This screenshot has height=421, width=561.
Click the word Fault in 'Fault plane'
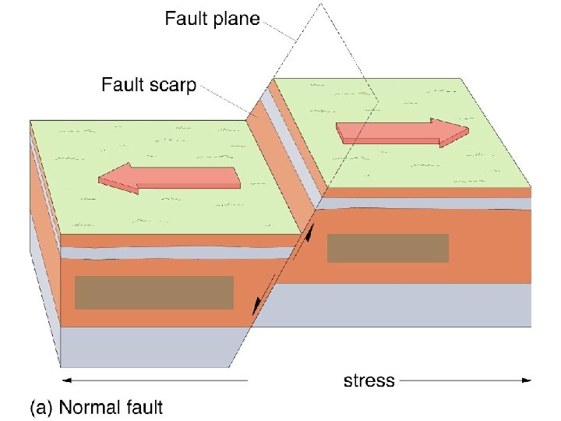point(185,19)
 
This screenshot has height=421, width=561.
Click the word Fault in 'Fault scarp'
point(121,84)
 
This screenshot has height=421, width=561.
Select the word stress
point(369,381)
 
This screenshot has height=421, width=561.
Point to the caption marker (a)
point(41,406)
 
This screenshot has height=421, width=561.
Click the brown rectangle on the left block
point(154,292)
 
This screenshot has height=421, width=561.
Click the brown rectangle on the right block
point(388,248)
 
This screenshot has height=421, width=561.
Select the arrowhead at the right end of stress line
point(527,380)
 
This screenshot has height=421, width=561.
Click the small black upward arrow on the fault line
point(309,232)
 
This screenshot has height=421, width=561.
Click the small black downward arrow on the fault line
point(255,309)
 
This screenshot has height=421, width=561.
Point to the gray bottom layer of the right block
point(405,304)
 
